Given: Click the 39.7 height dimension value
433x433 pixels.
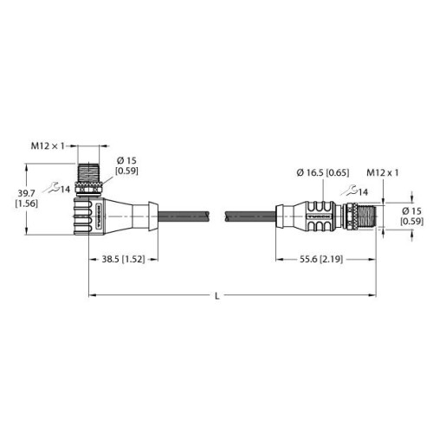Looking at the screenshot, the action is pos(27,193).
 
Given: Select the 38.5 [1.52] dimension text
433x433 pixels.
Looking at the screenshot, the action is pos(123,259).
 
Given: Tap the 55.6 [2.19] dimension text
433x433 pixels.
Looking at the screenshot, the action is pos(321,259).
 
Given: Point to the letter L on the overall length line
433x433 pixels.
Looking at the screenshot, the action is pos(217,296).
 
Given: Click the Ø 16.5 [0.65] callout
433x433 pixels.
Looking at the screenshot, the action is pos(323,172).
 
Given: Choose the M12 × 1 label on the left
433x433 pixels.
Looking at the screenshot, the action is pos(48,146).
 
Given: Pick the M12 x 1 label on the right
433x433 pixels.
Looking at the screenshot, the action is pos(383,172).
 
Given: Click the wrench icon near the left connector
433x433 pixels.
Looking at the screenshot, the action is pos(54,187).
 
